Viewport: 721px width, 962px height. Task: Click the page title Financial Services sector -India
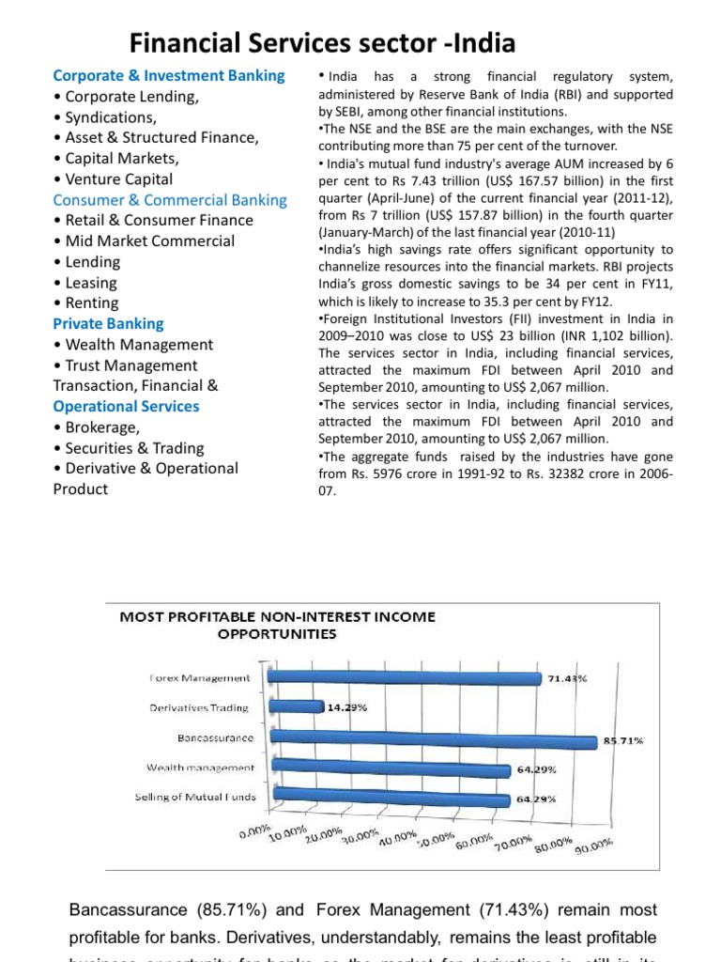[322, 42]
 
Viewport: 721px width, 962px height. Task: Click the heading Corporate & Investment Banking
[169, 75]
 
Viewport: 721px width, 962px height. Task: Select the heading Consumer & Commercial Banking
[170, 199]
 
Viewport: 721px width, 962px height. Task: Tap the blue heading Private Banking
[108, 323]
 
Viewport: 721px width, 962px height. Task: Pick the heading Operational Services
[126, 406]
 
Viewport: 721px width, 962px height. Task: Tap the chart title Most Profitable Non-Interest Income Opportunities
[277, 625]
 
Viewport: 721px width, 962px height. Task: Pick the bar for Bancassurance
[433, 738]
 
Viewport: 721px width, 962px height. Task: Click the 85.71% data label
[622, 741]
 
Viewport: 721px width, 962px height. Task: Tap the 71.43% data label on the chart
[567, 678]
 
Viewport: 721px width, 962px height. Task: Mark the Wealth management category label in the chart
[200, 768]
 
